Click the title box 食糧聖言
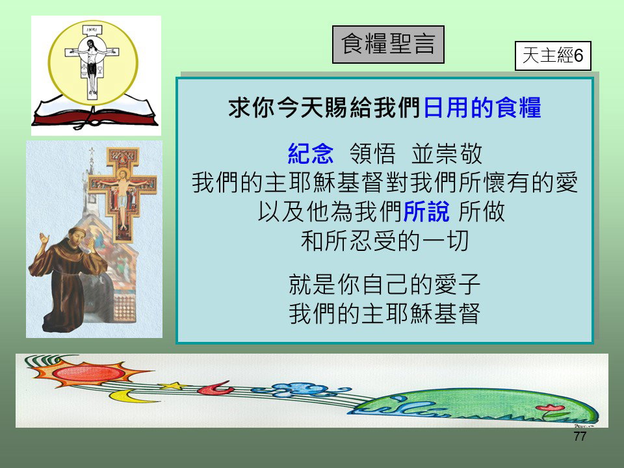[388, 44]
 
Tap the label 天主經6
[552, 56]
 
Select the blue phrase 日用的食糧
[482, 108]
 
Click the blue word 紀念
[311, 153]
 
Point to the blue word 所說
[426, 211]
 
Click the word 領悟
[372, 153]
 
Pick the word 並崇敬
[447, 153]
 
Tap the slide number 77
[580, 437]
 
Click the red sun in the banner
[89, 373]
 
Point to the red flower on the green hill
[550, 408]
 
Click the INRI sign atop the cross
[92, 30]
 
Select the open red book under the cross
[95, 112]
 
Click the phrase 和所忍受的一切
[384, 240]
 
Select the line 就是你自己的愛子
[384, 284]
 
